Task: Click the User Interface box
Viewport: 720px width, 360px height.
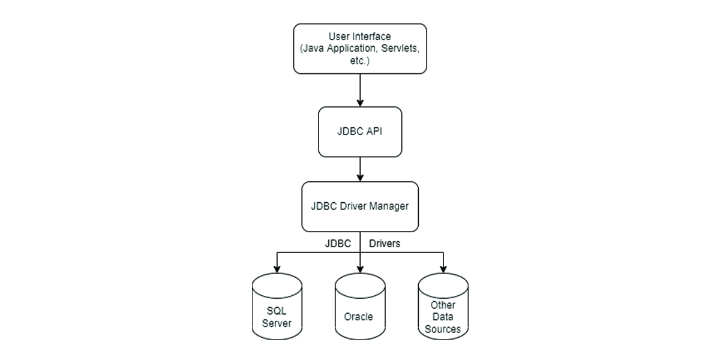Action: (359, 49)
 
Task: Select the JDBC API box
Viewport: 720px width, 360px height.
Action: (359, 132)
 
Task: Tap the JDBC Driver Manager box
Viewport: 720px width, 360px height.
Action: (359, 206)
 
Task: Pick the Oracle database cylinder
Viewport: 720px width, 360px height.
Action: (359, 306)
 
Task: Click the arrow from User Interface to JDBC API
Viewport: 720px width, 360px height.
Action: (359, 90)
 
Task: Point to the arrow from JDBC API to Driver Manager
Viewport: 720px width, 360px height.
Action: (359, 169)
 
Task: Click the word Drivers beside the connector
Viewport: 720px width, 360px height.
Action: (385, 244)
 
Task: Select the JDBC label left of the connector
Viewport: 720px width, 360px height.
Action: (338, 244)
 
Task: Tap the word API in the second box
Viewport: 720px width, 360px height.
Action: (374, 132)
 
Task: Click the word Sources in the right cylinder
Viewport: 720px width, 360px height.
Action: (443, 329)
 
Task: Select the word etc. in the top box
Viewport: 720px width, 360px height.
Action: (359, 61)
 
